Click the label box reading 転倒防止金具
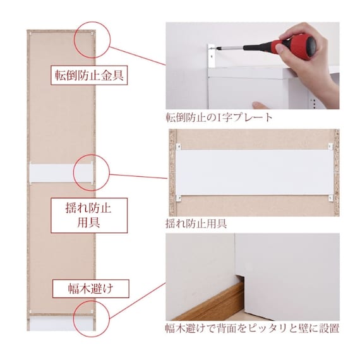pos(89,75)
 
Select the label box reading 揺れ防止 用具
pos(89,215)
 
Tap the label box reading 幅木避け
pos(91,289)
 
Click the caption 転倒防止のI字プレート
pos(219,117)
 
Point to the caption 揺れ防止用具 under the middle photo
pos(196,224)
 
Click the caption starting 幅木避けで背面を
pos(253,328)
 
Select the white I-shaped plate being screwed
pos(212,56)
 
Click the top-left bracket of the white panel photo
pos(178,147)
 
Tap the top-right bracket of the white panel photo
pos(330,147)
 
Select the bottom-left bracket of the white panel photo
pos(178,198)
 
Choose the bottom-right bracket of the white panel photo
pos(330,198)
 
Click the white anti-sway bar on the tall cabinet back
pos(61,172)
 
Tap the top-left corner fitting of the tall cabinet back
pos(31,33)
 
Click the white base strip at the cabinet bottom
pos(61,324)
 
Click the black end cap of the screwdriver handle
pos(311,45)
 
